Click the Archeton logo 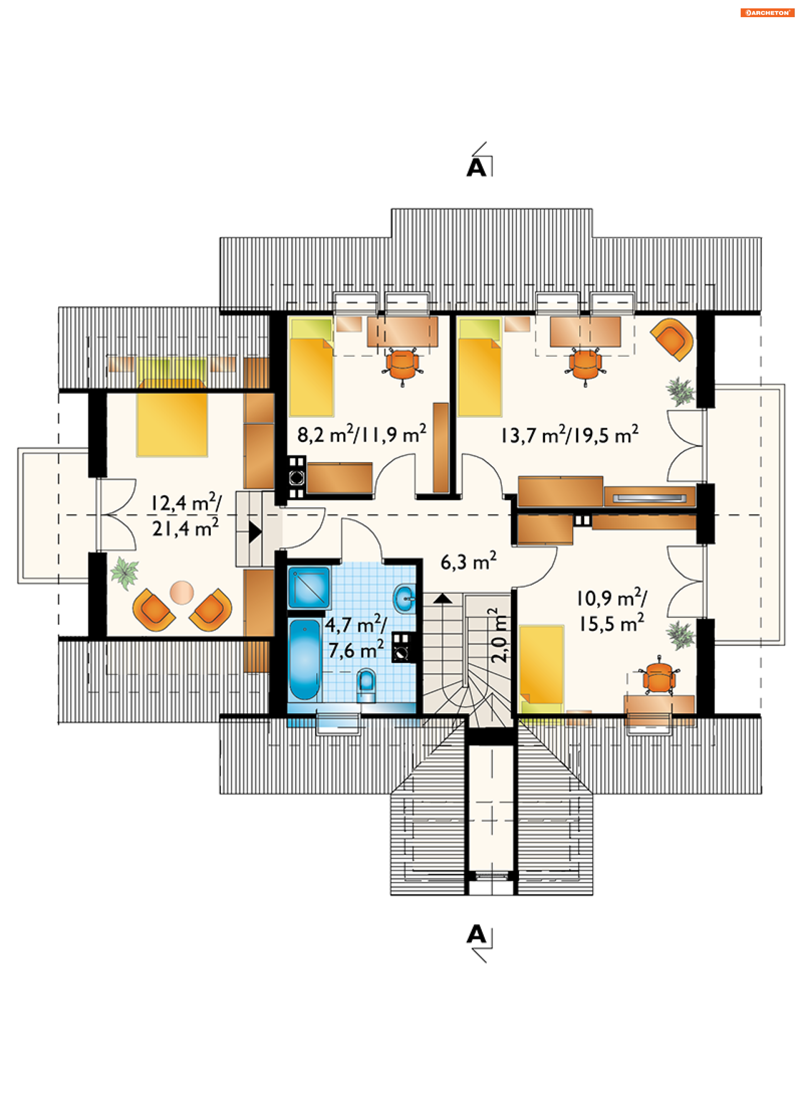(x=767, y=13)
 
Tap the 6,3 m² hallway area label (x=468, y=561)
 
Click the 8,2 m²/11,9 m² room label (x=362, y=434)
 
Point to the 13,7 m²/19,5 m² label (x=570, y=434)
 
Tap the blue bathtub (x=304, y=659)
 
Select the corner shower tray (x=309, y=588)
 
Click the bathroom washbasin (x=404, y=598)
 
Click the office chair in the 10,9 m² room (x=658, y=676)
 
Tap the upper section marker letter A (x=476, y=167)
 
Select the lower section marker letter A (x=476, y=935)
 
